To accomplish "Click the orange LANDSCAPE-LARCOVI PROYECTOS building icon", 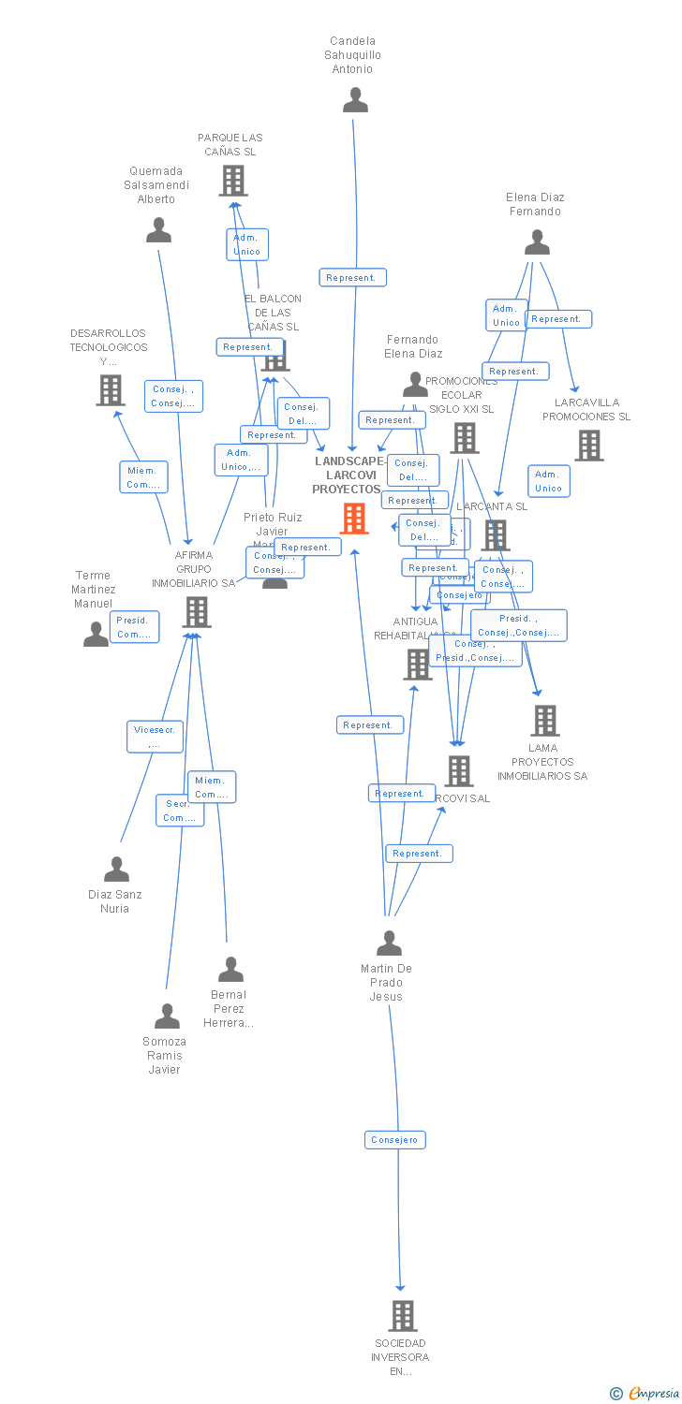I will (x=354, y=518).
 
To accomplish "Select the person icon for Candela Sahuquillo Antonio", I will (x=355, y=99).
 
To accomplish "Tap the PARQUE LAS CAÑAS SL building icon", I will (x=232, y=180).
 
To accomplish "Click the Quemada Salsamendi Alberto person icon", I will (x=158, y=230).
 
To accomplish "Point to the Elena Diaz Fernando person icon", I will (x=537, y=242).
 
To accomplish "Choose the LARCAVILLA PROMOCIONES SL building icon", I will (x=588, y=446).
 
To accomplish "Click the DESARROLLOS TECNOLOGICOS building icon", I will (x=111, y=389).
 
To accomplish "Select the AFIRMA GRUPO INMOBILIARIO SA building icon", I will (x=197, y=611).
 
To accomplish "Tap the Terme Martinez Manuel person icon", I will (x=96, y=635).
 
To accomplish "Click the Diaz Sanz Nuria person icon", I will (x=116, y=870).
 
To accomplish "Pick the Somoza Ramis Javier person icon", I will (x=167, y=1016).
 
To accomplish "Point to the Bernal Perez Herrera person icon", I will (x=230, y=970).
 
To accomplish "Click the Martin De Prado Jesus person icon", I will (x=389, y=943).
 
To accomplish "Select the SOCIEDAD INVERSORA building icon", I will (x=402, y=1315).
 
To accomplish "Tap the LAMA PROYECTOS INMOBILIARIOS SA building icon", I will (x=545, y=720).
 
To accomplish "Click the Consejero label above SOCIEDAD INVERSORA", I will (x=395, y=1140).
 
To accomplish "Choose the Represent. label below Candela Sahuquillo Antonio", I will (x=352, y=278).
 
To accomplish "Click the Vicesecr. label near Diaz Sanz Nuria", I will (x=155, y=737).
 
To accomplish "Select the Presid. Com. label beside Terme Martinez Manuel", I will (x=134, y=627).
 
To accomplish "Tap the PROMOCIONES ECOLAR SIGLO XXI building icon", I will (x=465, y=437).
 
